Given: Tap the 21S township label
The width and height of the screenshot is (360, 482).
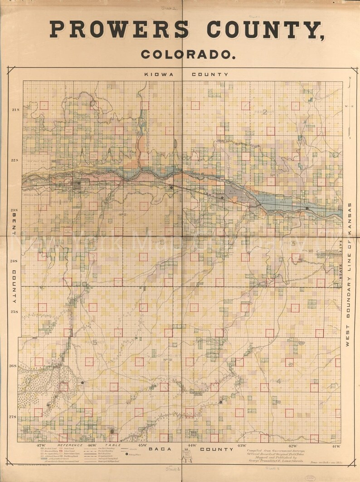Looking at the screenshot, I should pos(15,110).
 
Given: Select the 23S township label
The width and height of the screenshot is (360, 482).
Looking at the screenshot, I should pos(15,210).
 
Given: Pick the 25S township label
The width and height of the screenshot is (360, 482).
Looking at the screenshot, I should pos(15,312).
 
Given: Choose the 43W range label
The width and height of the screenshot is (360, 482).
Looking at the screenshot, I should pos(242,446).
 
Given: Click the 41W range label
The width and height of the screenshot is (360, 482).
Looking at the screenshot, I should pos(336,446).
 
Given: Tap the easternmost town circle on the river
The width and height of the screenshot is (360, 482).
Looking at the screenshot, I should pos(307,208).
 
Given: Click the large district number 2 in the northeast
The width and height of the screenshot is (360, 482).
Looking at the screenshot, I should pos(265,113).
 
